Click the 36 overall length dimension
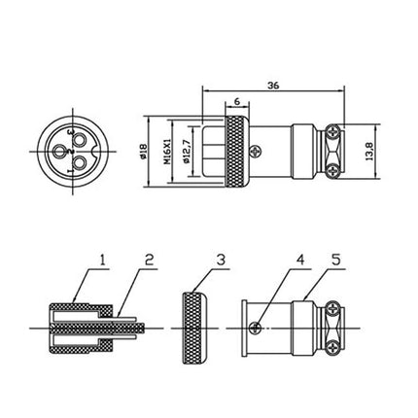(x=273, y=86)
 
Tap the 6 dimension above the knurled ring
(x=237, y=101)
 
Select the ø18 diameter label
(x=143, y=152)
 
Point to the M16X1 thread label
(x=167, y=152)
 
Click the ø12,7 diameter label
(x=186, y=152)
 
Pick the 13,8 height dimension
(x=370, y=152)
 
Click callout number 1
(x=102, y=261)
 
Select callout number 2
(x=149, y=261)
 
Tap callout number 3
(x=221, y=261)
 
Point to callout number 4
(x=301, y=261)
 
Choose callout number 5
(x=336, y=261)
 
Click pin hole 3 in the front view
(x=79, y=141)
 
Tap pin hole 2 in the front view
(x=59, y=151)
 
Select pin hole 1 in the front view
(x=79, y=162)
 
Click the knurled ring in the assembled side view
(x=237, y=152)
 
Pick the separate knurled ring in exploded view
(x=194, y=329)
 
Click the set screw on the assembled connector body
(x=256, y=152)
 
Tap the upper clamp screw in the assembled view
(x=333, y=132)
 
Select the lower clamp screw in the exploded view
(x=333, y=348)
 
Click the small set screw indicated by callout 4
(x=256, y=329)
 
